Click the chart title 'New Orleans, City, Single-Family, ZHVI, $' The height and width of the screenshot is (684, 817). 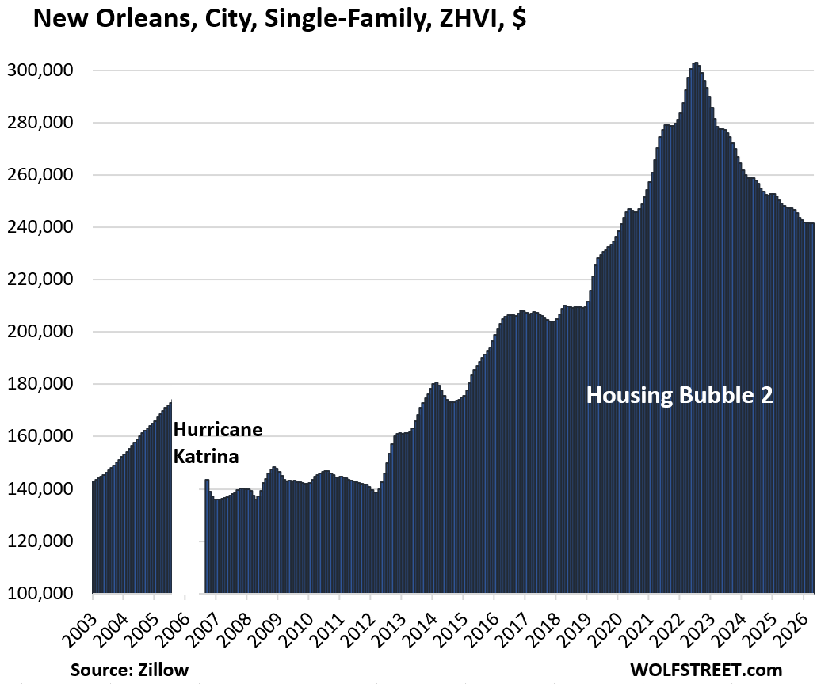[x=280, y=19]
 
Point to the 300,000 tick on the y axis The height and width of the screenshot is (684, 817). [x=40, y=70]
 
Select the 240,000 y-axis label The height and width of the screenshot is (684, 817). [x=40, y=227]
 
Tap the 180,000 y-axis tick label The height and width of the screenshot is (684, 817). [x=40, y=384]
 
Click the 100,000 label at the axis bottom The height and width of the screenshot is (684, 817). [x=40, y=594]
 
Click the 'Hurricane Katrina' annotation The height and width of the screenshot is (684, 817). [x=218, y=443]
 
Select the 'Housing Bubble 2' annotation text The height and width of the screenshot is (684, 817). [x=679, y=395]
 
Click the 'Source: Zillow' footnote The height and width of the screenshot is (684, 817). [x=130, y=670]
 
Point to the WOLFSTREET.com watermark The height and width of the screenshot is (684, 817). [x=706, y=670]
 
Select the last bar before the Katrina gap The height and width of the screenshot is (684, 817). [x=170, y=497]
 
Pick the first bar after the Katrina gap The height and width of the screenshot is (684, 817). [x=206, y=536]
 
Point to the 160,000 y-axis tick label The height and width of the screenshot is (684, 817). [x=40, y=436]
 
